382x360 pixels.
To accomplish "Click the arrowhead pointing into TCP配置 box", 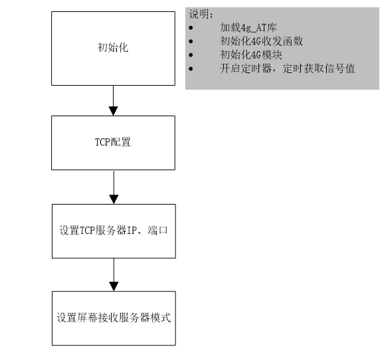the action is tap(114, 111).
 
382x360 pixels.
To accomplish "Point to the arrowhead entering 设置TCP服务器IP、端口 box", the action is tap(114, 199).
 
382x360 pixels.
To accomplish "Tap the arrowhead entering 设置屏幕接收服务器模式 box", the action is tap(114, 286).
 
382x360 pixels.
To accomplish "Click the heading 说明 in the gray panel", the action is tap(199, 14).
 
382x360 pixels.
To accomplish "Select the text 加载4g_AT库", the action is tap(248, 27).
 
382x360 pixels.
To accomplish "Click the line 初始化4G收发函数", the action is tap(261, 41).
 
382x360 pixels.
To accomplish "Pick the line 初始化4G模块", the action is tap(251, 55).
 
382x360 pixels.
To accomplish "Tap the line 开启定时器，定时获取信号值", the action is tap(288, 68).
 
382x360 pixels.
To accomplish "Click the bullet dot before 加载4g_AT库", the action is tap(191, 28).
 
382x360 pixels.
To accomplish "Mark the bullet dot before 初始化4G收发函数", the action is tap(191, 41).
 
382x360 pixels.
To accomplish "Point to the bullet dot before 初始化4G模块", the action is tap(191, 55).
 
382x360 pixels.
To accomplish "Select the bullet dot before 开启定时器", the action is tap(191, 68).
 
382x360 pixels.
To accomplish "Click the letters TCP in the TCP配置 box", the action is tap(102, 142).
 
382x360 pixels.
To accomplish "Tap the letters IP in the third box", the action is tap(132, 230).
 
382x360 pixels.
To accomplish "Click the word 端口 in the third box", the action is tap(157, 230).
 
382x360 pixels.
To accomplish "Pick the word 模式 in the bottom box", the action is tap(161, 317).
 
